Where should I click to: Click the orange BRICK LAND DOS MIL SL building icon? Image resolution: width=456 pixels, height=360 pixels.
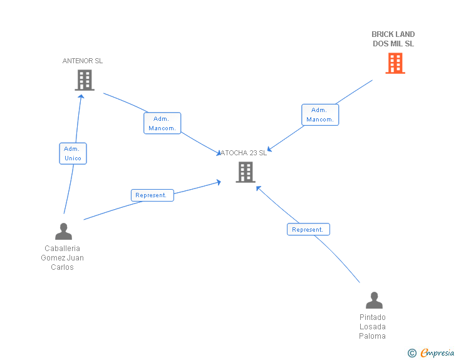pyautogui.click(x=395, y=63)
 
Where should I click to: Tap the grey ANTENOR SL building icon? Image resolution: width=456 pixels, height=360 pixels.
pyautogui.click(x=85, y=80)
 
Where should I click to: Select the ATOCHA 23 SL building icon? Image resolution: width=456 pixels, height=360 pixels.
pyautogui.click(x=245, y=172)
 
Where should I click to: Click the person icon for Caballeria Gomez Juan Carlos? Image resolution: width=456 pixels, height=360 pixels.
pyautogui.click(x=63, y=232)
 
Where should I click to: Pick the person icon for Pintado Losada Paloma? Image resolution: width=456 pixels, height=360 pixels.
pyautogui.click(x=374, y=301)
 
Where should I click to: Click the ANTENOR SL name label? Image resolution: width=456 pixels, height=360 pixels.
pyautogui.click(x=83, y=61)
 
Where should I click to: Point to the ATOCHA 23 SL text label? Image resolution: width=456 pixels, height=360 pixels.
pyautogui.click(x=244, y=153)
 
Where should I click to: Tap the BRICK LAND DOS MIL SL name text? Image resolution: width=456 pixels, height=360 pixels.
pyautogui.click(x=393, y=39)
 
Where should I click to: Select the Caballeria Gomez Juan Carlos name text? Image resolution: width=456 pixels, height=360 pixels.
pyautogui.click(x=63, y=258)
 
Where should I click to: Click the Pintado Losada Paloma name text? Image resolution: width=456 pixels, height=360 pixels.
pyautogui.click(x=373, y=327)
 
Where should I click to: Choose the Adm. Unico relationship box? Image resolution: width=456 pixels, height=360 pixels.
pyautogui.click(x=73, y=153)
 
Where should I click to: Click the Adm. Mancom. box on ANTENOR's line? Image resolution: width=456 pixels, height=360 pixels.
pyautogui.click(x=162, y=123)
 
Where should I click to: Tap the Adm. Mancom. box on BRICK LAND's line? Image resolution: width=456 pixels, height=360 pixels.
pyautogui.click(x=320, y=115)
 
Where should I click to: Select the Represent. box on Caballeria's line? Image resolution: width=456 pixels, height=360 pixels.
pyautogui.click(x=152, y=195)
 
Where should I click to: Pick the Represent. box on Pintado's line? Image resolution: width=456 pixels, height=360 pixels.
pyautogui.click(x=308, y=229)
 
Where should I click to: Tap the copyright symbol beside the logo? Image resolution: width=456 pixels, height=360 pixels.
pyautogui.click(x=412, y=353)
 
